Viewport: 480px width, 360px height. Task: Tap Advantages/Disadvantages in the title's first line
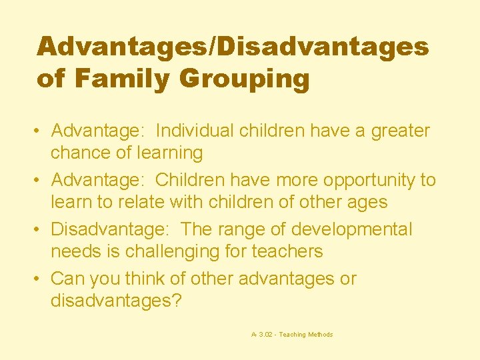pos(233,47)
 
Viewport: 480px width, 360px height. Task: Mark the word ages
pos(367,202)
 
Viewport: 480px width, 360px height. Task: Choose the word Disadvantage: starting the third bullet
pos(111,229)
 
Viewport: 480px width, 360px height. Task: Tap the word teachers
pos(287,251)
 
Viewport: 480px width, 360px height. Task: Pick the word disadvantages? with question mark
pos(116,301)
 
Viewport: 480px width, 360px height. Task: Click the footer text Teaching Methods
pos(306,335)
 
